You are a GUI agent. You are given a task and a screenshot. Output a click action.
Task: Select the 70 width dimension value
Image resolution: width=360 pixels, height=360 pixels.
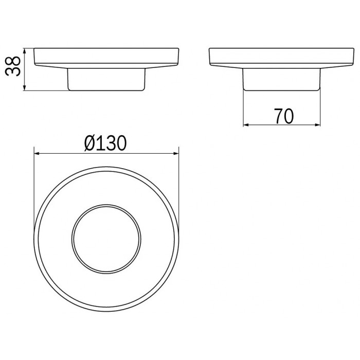point(283,117)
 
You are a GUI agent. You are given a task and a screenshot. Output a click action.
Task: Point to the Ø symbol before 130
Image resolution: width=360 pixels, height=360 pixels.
point(89,143)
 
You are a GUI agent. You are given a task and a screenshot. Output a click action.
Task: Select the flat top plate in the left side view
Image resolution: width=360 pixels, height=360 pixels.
point(105,58)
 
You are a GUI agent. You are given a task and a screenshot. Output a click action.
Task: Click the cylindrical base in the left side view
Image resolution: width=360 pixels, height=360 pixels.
point(105,79)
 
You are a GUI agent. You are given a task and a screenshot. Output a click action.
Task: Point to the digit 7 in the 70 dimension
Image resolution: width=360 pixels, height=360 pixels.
point(278,117)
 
